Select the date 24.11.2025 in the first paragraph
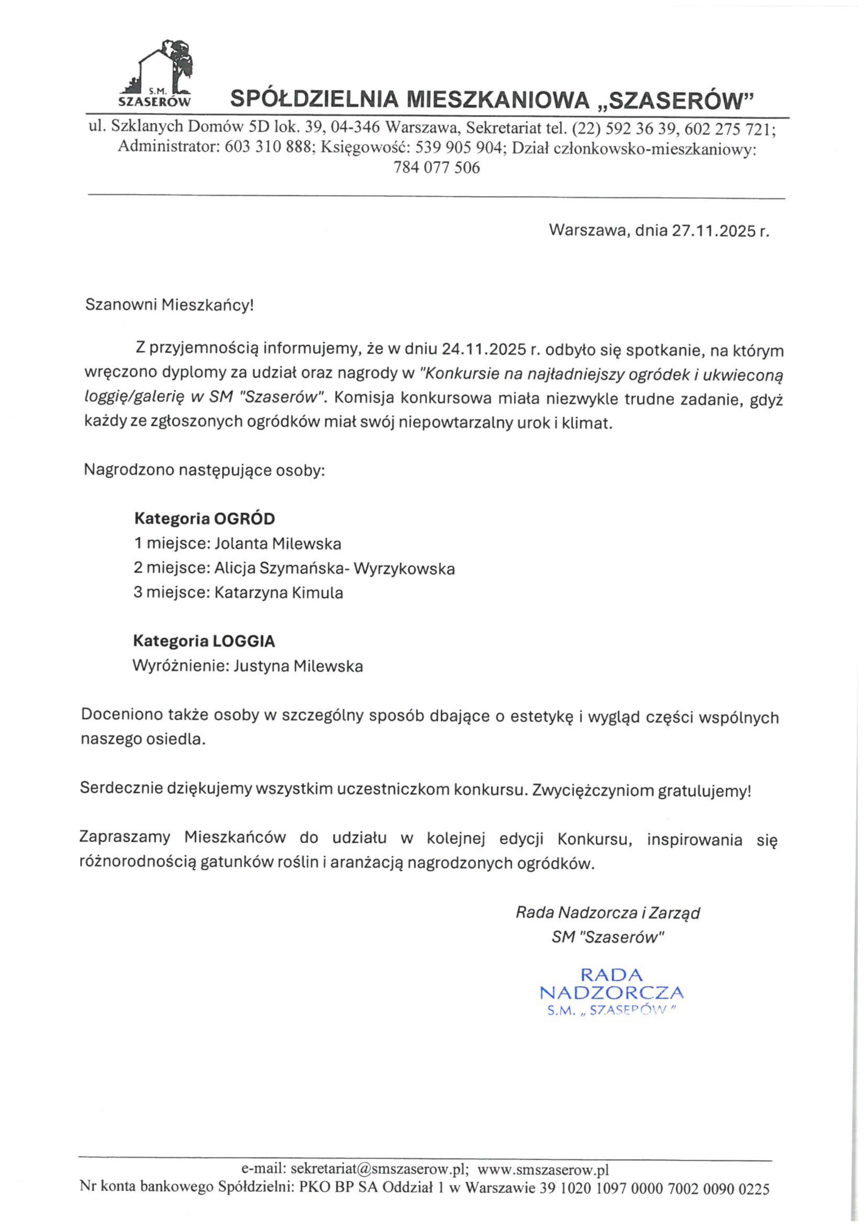(x=483, y=350)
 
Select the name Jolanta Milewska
(x=278, y=543)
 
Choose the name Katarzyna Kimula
(x=278, y=592)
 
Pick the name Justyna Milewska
(x=298, y=666)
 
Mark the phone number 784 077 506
(x=436, y=168)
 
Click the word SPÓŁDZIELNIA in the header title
(x=315, y=99)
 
